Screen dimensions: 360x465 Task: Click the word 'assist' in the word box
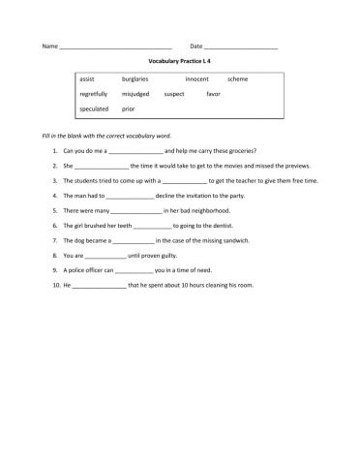tap(87, 78)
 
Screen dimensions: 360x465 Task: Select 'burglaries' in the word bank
tap(135, 78)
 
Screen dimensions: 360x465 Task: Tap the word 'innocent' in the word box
tap(196, 78)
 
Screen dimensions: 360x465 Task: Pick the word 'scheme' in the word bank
tap(237, 78)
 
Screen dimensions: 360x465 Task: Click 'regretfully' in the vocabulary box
tap(94, 94)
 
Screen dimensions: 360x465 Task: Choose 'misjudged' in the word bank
tap(135, 94)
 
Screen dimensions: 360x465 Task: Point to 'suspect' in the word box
tap(174, 94)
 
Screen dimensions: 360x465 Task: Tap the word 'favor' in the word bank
tap(214, 94)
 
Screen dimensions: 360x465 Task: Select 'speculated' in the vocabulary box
tap(94, 109)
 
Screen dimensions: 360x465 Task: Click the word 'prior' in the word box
tap(129, 109)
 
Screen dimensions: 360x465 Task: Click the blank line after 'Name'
tap(115, 46)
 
